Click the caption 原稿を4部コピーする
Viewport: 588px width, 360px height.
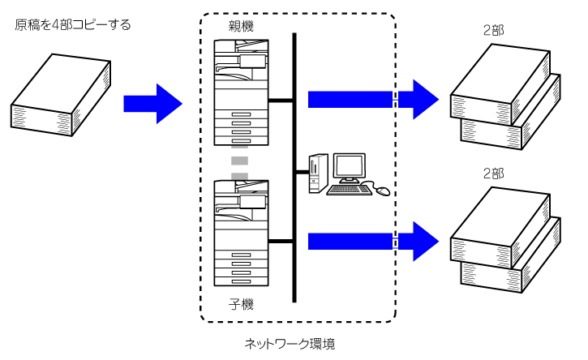pos(73,25)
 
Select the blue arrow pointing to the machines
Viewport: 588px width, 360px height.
pos(152,103)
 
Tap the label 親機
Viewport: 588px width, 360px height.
pos(241,27)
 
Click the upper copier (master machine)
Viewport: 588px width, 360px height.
pos(240,92)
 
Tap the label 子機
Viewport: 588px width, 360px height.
pos(241,305)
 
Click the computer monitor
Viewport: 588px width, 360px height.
pos(350,168)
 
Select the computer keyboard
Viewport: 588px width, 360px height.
pos(350,190)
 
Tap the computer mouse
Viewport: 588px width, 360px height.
pos(381,191)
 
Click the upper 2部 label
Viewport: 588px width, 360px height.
pos(494,30)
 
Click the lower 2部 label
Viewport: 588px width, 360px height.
pos(494,174)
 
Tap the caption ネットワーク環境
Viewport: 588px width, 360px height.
pos(290,344)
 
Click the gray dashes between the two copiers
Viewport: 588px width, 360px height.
pos(239,163)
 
